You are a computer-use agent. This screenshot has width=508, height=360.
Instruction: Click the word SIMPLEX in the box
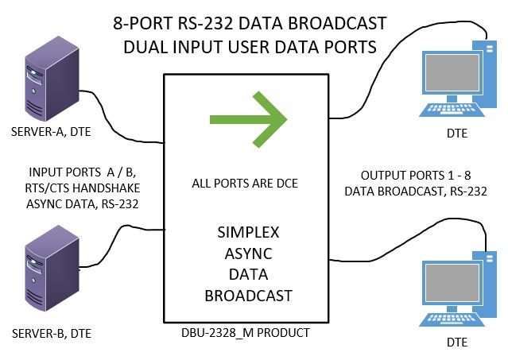click(x=248, y=234)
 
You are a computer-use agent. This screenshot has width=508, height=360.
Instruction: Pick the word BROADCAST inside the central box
click(x=248, y=296)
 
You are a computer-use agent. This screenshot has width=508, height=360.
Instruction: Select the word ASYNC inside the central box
click(x=248, y=255)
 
